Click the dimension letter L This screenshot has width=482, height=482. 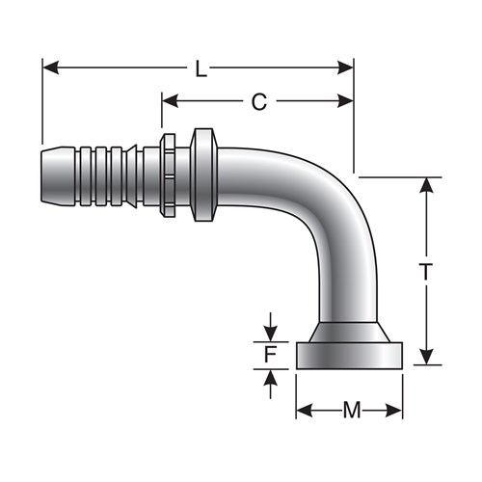pos(201,69)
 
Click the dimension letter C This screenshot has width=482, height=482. pos(259,102)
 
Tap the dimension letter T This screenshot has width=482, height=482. pos(426,272)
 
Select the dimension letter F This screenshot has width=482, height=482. pos(271,355)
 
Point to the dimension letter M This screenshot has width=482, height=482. pos(352,411)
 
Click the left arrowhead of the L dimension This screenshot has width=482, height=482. pos(51,67)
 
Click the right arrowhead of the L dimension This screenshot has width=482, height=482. pos(345,67)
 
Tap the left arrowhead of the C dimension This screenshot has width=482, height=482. pos(171,101)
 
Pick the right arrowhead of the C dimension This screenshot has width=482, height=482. pos(345,101)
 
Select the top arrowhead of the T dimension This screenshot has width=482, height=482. pos(426,185)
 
